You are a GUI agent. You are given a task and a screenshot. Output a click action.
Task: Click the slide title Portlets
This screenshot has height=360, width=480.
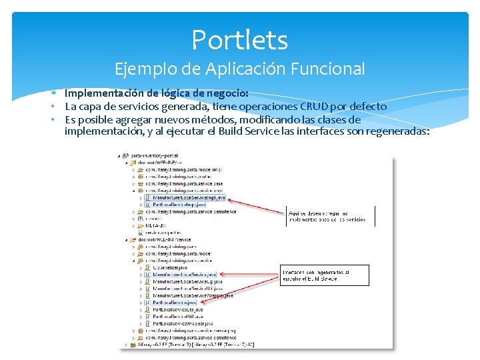(x=239, y=40)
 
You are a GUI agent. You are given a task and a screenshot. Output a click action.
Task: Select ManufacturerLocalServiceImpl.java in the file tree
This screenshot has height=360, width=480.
(x=189, y=197)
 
